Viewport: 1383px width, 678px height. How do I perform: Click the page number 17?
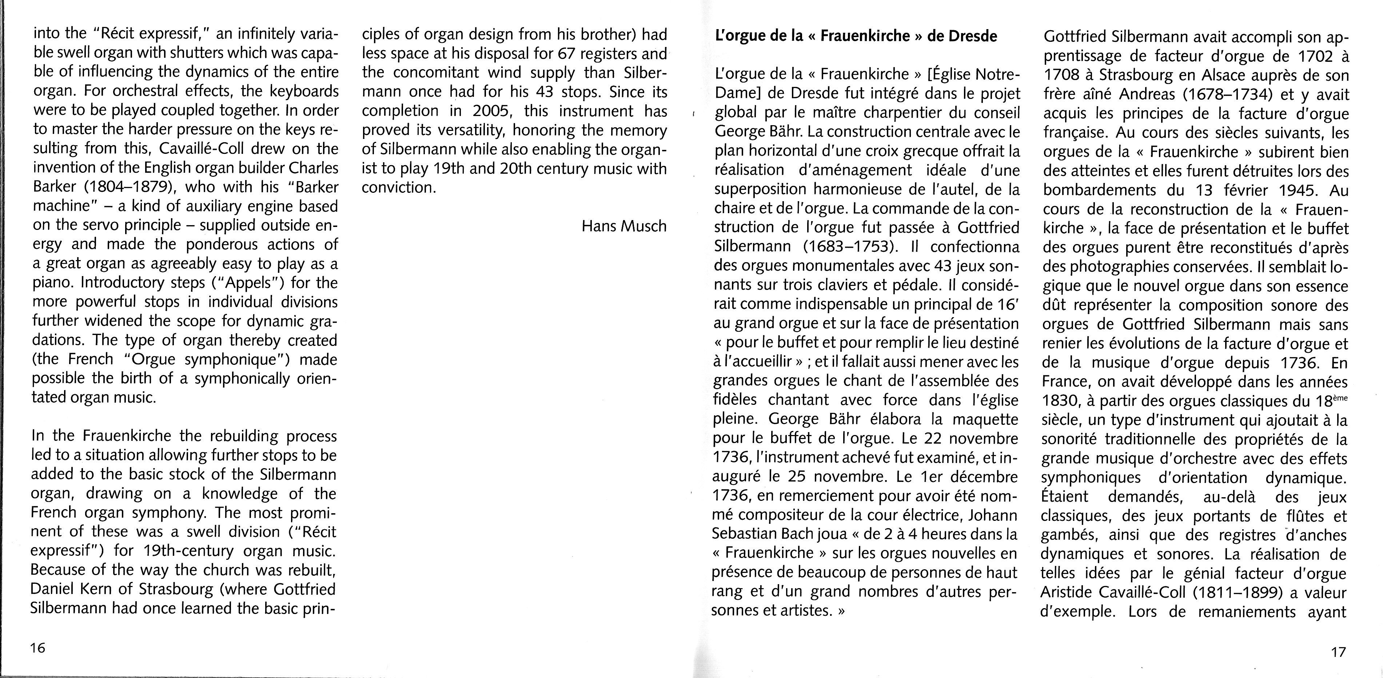click(x=1338, y=652)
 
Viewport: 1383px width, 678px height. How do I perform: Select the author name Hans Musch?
click(x=624, y=226)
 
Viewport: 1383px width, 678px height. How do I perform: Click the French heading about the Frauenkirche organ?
click(x=856, y=36)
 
